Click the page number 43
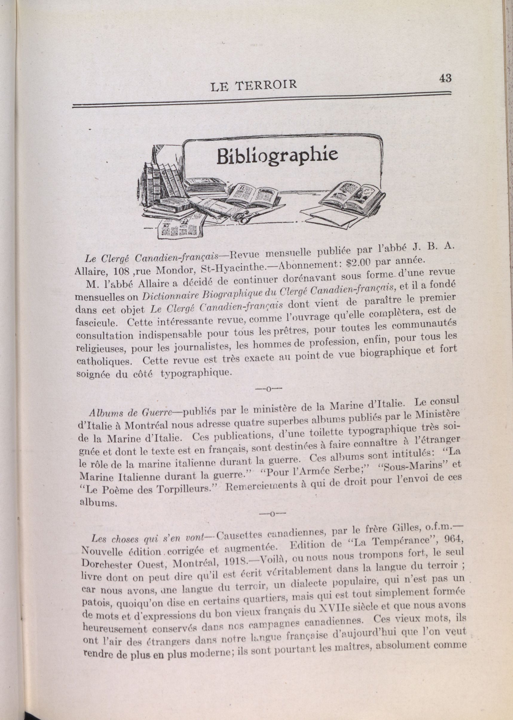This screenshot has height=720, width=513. tap(445, 78)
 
